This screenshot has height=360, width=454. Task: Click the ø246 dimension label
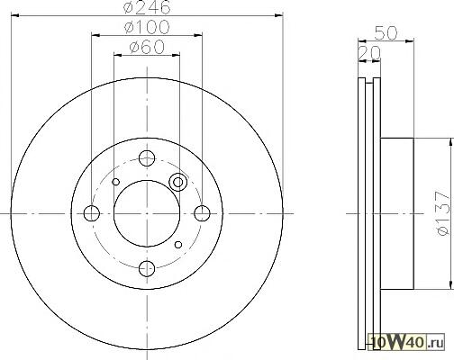[147, 7]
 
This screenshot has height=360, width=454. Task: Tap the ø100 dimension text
[147, 27]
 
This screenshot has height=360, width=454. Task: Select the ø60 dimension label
[147, 47]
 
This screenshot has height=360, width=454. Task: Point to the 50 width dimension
[386, 32]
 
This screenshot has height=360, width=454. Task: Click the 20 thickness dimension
[369, 53]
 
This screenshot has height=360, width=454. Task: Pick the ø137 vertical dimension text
[443, 213]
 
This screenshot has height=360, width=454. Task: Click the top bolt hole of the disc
[147, 158]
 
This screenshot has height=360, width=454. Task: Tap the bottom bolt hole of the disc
[147, 268]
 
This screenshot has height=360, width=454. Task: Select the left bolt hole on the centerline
[92, 213]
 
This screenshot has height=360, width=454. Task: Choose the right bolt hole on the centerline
[202, 213]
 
